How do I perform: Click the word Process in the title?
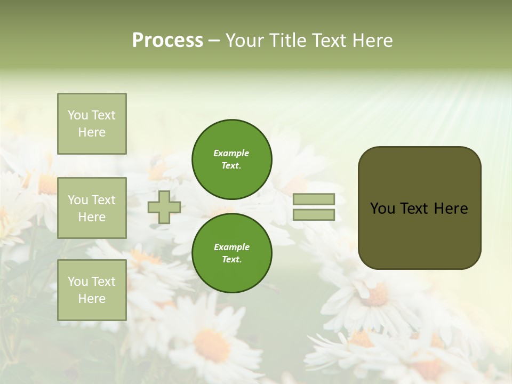pos(167,41)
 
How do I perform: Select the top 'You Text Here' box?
pos(92,124)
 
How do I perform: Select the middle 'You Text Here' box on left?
pos(92,208)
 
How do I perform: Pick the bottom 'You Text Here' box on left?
pos(92,290)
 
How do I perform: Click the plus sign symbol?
pos(164,207)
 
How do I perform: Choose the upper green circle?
pos(232,159)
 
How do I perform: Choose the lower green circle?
pos(232,253)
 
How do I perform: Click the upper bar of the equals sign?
pos(314,199)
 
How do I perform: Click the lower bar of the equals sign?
pos(314,215)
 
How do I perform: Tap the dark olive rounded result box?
pos(419,235)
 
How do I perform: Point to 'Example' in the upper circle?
pos(231,153)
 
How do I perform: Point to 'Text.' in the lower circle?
pos(231,260)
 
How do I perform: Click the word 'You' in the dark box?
pos(382,209)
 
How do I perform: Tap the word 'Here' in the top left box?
pos(92,132)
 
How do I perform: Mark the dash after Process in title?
pos(214,41)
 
